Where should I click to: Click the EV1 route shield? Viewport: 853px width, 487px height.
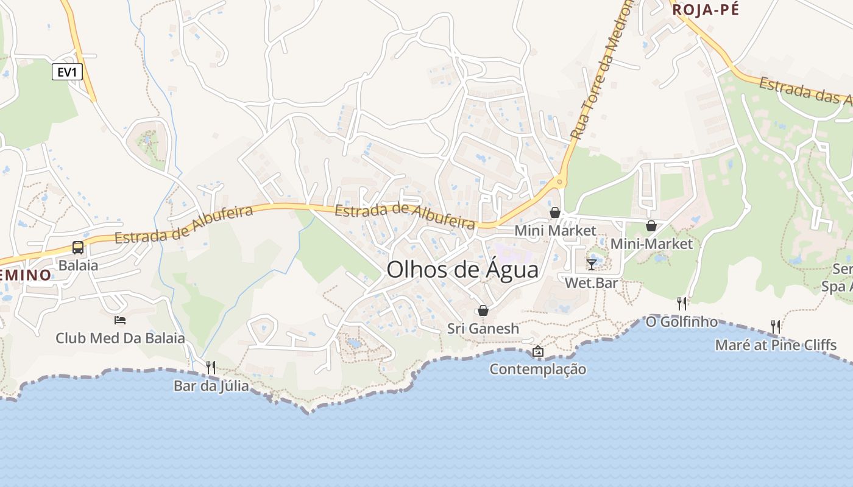67,72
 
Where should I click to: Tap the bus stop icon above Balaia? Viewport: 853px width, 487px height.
78,248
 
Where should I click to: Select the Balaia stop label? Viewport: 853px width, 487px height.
78,265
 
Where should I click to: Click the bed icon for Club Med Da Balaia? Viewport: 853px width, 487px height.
120,320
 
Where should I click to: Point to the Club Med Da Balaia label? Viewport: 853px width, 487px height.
120,338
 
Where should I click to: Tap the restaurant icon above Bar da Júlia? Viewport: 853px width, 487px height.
211,367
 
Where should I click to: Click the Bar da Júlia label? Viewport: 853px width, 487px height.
211,385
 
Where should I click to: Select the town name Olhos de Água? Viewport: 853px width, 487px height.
462,270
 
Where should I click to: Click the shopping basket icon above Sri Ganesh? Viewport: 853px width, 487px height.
483,310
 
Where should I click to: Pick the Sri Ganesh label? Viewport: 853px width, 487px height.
483,329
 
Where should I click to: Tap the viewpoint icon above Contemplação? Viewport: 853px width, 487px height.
538,351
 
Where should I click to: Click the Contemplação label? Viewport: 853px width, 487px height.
538,370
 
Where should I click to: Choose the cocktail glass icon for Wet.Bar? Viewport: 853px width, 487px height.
591,265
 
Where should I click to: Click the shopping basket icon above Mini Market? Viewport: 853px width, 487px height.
555,212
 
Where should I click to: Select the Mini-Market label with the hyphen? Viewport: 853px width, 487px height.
651,244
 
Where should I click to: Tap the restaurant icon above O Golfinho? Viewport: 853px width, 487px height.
682,303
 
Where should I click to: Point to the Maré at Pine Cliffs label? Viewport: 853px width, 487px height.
775,345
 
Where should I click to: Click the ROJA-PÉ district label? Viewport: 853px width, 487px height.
705,10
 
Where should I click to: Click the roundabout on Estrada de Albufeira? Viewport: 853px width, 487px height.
559,181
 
